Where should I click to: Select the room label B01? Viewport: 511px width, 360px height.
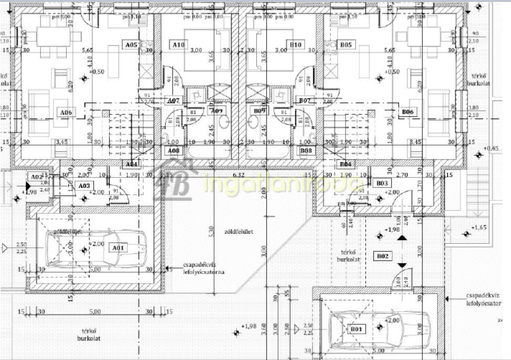pyautogui.click(x=356, y=329)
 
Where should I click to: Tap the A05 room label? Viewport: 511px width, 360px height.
pyautogui.click(x=131, y=45)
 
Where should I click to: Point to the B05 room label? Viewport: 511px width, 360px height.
pyautogui.click(x=346, y=45)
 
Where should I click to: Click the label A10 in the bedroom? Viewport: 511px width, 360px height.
pyautogui.click(x=179, y=45)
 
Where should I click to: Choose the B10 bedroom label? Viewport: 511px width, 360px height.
pyautogui.click(x=295, y=45)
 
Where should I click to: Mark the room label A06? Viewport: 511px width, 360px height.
pyautogui.click(x=66, y=113)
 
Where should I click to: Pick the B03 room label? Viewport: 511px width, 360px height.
pyautogui.click(x=382, y=183)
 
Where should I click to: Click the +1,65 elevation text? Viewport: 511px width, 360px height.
pyautogui.click(x=480, y=227)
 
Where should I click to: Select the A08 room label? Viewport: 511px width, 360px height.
pyautogui.click(x=174, y=150)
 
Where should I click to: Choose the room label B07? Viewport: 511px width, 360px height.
pyautogui.click(x=305, y=101)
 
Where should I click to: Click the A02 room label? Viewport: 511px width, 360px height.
pyautogui.click(x=35, y=177)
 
